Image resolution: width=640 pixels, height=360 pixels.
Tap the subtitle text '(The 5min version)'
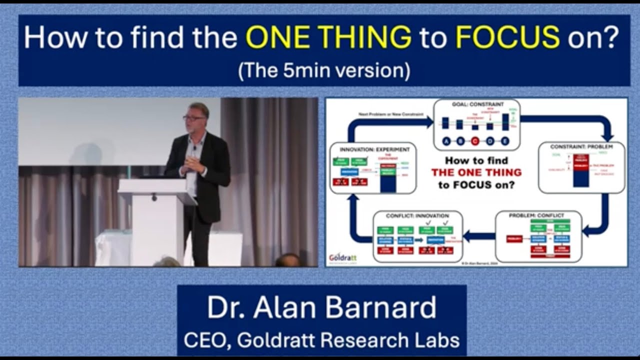coord(324,70)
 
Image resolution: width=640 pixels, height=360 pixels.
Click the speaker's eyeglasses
coord(193,118)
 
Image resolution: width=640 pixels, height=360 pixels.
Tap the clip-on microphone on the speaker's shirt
coord(194,148)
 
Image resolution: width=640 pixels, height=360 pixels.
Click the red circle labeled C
coord(475,141)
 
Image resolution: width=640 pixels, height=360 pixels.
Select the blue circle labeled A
coord(446,141)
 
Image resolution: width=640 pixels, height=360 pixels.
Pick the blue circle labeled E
coord(505,141)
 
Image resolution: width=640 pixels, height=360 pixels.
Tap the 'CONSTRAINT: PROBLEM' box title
coord(581,147)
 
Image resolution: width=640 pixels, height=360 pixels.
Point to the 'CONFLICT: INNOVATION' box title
coord(417,215)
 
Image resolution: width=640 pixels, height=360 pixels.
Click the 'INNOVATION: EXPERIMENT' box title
coord(374,149)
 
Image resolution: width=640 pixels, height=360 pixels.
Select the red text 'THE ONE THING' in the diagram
coord(476,172)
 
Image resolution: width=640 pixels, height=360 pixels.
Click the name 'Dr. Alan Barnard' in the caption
coord(321,308)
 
